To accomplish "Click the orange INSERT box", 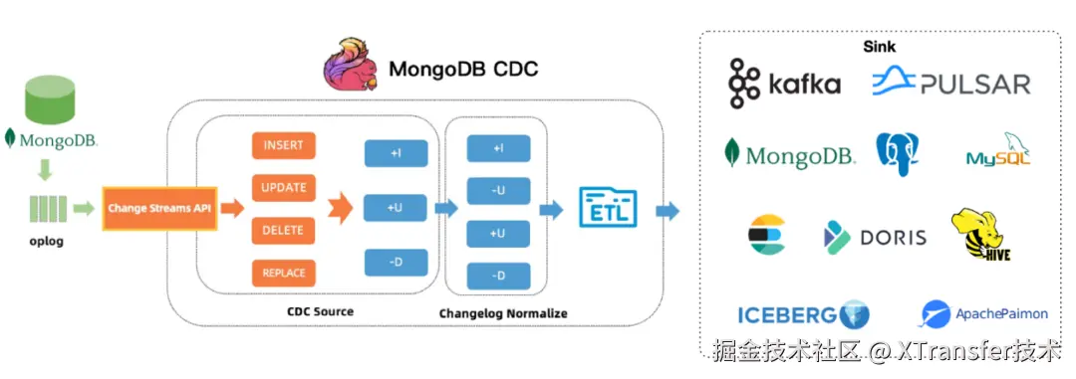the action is tap(283, 146).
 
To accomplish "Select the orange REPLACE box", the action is tap(283, 273).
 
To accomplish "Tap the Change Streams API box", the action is tap(159, 208).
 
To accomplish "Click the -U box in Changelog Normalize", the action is tap(498, 191).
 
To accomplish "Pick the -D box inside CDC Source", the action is tap(396, 263).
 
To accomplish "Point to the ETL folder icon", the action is tap(608, 207).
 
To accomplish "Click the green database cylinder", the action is tap(50, 100).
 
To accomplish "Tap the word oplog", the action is tap(47, 242).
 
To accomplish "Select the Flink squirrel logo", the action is tap(352, 65).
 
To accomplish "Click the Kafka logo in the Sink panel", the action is tap(784, 84).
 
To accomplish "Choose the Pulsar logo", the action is tap(951, 83).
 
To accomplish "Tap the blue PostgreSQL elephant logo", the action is tap(898, 154).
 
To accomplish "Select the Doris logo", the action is tap(875, 237).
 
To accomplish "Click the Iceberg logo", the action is tap(804, 314).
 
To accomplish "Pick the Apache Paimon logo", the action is tap(984, 314).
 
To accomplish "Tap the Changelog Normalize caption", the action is tap(503, 313).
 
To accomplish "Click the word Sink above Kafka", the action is tap(879, 47).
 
